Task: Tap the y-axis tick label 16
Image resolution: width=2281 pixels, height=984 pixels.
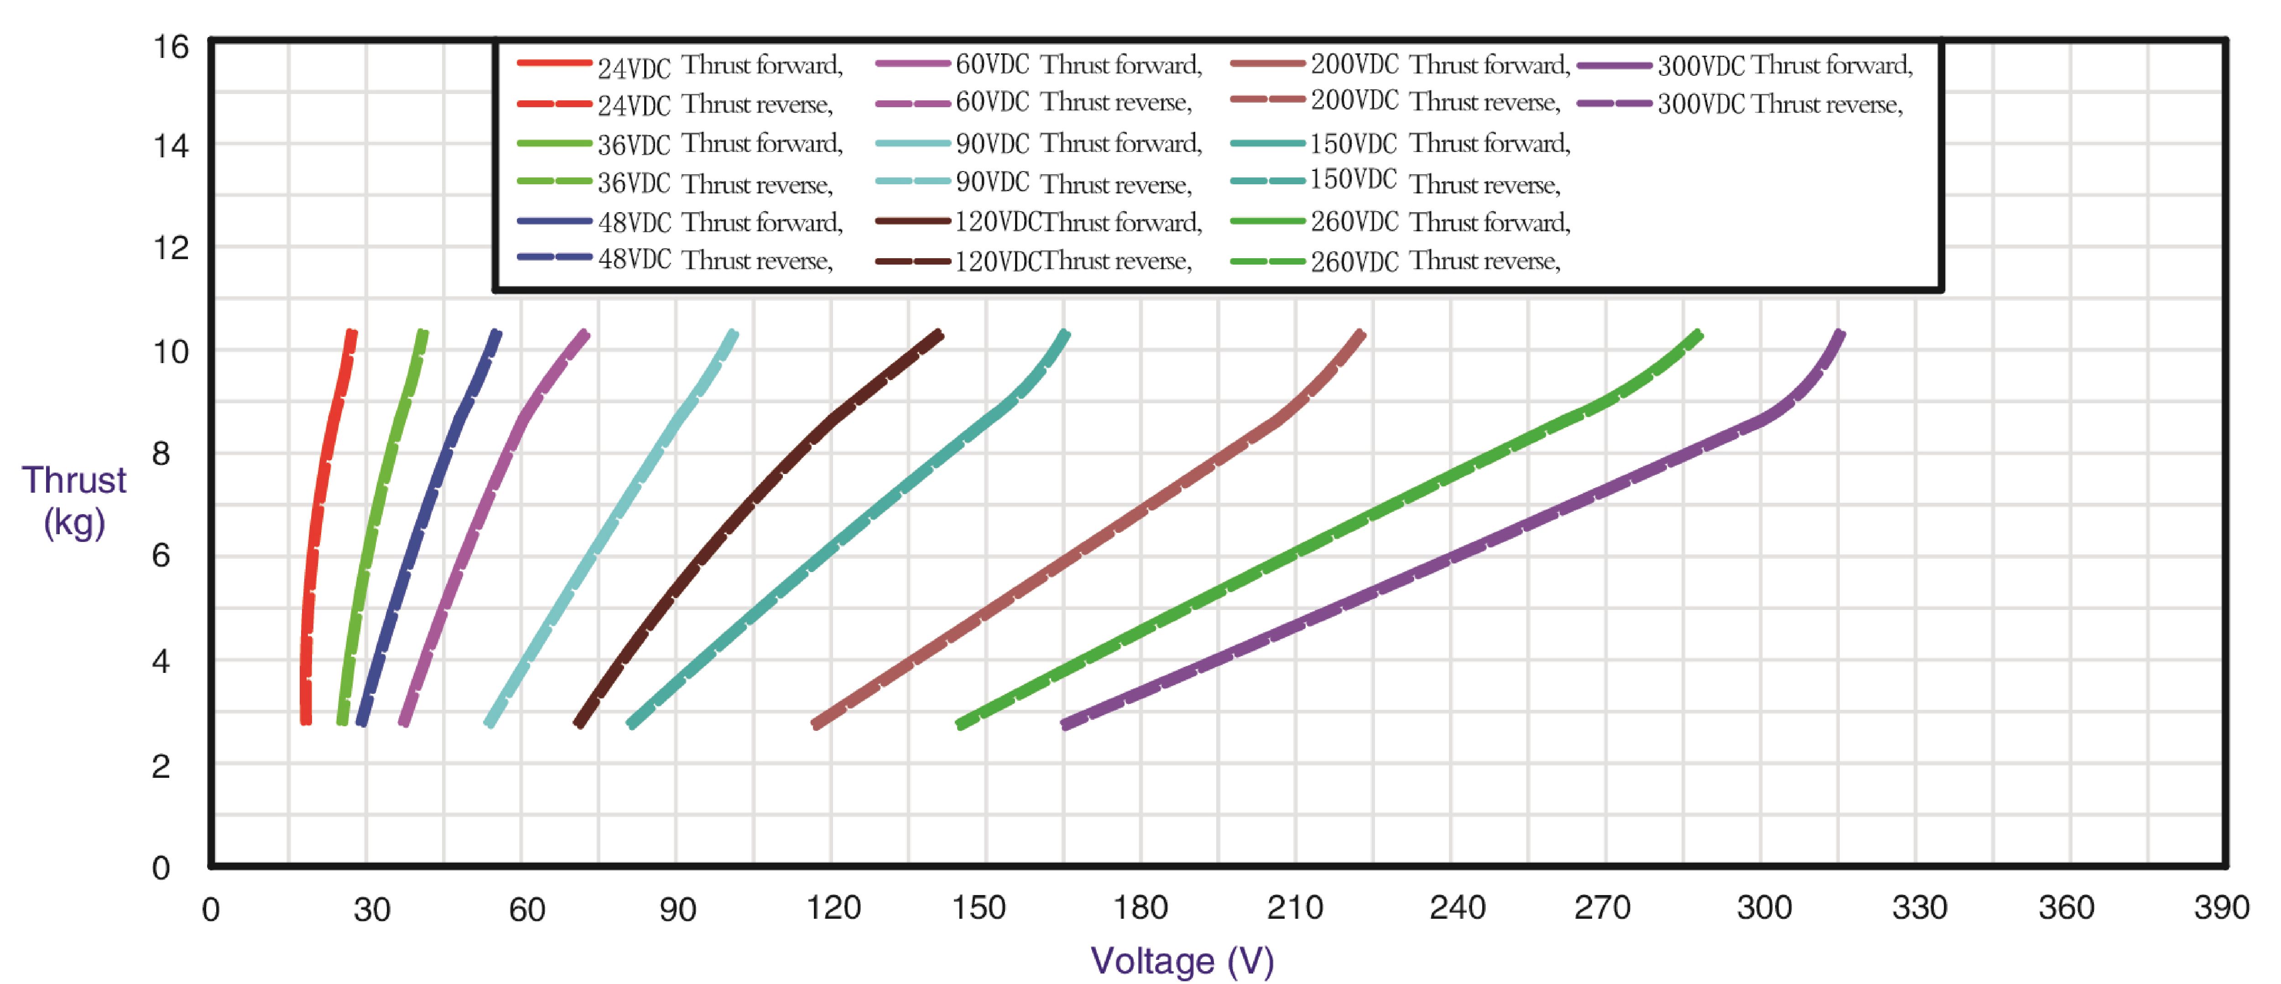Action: coord(171,46)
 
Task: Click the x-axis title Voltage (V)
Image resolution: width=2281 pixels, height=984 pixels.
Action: coord(1182,961)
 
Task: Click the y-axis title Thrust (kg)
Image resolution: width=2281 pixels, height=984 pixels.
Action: coord(74,500)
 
